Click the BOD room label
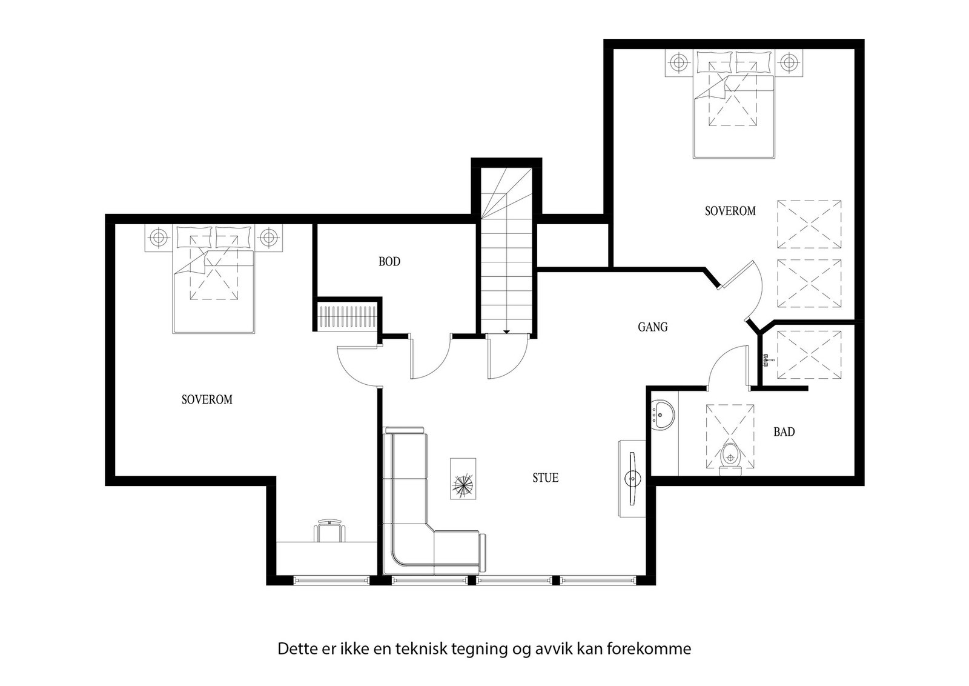(x=389, y=262)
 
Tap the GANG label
(x=652, y=327)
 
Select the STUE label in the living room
(x=545, y=478)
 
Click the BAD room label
(x=784, y=432)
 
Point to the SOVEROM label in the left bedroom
(x=207, y=400)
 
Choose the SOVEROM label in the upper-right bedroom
(x=730, y=211)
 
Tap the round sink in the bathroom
(x=663, y=415)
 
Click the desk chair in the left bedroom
(x=329, y=530)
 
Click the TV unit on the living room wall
(x=632, y=479)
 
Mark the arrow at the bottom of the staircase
(x=506, y=331)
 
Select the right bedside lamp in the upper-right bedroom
(x=788, y=62)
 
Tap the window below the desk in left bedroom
(x=331, y=581)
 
